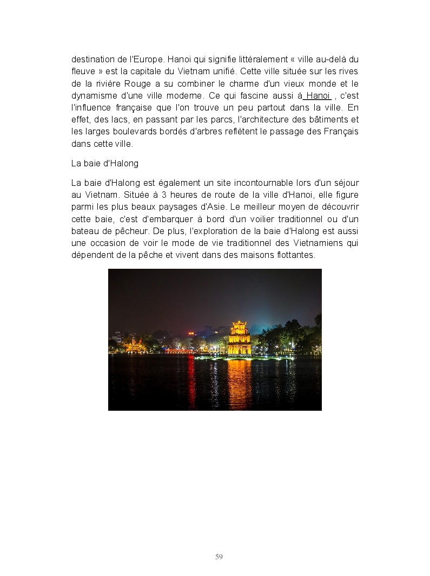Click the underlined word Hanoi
(318, 95)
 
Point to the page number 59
(219, 556)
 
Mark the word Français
(339, 132)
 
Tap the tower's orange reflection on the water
(240, 382)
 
